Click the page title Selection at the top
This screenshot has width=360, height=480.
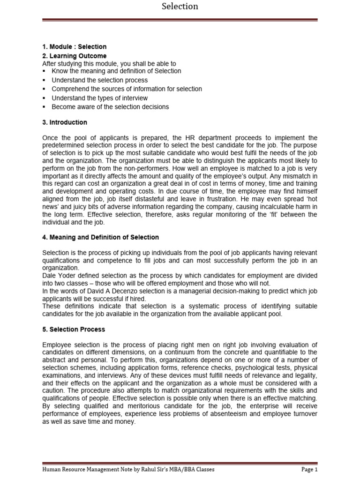180,7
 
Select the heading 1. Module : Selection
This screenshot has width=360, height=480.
74,47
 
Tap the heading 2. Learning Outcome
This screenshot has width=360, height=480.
74,56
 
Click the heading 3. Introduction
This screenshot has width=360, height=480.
65,122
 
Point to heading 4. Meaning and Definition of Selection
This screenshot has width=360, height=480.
100,237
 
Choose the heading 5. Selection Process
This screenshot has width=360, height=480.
74,330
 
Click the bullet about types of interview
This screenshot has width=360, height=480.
99,98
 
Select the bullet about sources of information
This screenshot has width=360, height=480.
127,89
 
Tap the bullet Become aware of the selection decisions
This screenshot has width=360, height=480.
110,107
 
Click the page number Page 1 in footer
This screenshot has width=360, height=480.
309,469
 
